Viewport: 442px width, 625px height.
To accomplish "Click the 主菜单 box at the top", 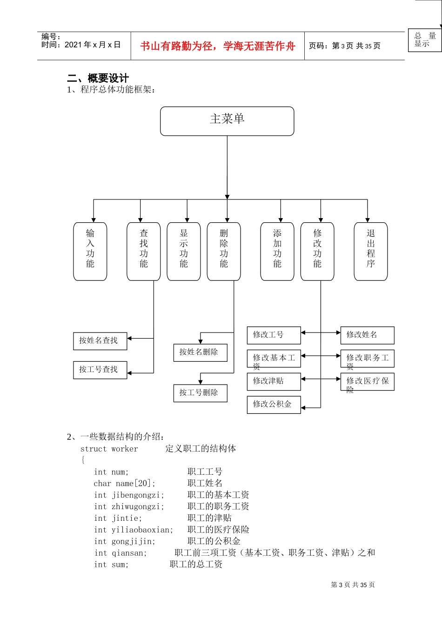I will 227,121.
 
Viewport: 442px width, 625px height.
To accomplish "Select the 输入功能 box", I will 90,251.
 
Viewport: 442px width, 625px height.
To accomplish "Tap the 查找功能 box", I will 144,251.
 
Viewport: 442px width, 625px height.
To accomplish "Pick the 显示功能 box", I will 184,251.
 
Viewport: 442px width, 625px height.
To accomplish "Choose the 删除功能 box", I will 224,251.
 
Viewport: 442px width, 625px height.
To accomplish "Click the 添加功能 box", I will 277,251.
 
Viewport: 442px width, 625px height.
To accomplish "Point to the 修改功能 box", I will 317,251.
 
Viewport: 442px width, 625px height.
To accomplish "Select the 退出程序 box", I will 371,251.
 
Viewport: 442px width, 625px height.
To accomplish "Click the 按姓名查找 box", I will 100,341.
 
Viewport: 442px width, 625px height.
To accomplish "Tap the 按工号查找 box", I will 100,370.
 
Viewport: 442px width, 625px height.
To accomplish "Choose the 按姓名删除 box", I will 201,352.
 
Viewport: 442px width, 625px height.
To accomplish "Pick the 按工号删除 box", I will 201,393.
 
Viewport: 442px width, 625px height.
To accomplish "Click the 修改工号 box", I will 274,335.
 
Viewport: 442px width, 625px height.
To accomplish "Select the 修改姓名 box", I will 367,335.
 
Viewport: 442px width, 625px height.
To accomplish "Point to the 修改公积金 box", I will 274,405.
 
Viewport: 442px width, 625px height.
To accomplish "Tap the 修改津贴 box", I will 274,381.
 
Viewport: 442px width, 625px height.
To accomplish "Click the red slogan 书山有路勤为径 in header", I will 217,46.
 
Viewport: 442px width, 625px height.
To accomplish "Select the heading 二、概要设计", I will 98,78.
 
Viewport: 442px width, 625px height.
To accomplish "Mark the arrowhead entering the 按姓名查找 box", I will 130,338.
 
